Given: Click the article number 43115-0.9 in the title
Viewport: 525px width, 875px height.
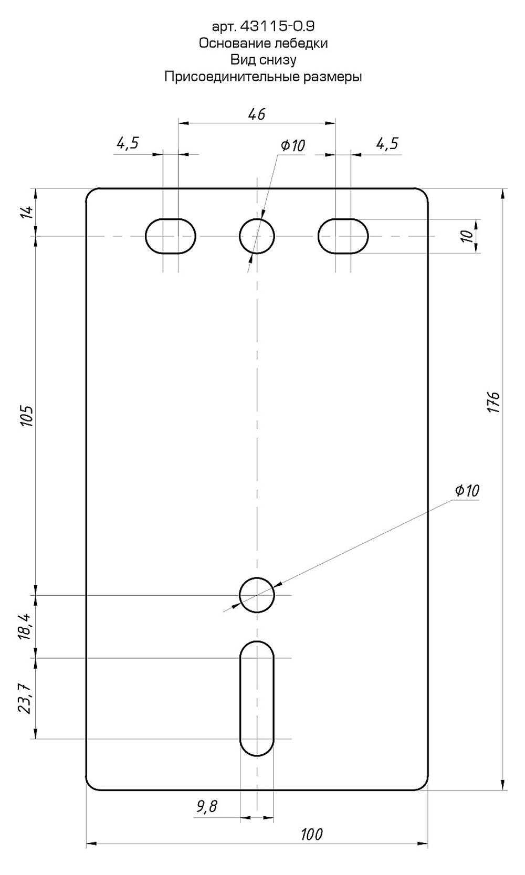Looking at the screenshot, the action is (277, 26).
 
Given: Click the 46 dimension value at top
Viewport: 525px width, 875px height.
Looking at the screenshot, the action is (257, 114).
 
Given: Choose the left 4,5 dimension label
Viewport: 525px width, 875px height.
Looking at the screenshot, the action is (128, 144).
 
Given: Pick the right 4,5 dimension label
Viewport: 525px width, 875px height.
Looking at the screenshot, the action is (387, 144).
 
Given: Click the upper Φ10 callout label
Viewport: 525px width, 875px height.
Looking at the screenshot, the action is (292, 146).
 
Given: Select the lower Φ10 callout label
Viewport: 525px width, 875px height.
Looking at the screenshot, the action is (467, 491).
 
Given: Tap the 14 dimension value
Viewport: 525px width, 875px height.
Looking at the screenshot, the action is (29, 212).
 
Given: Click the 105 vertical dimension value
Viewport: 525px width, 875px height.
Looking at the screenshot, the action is (27, 416).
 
